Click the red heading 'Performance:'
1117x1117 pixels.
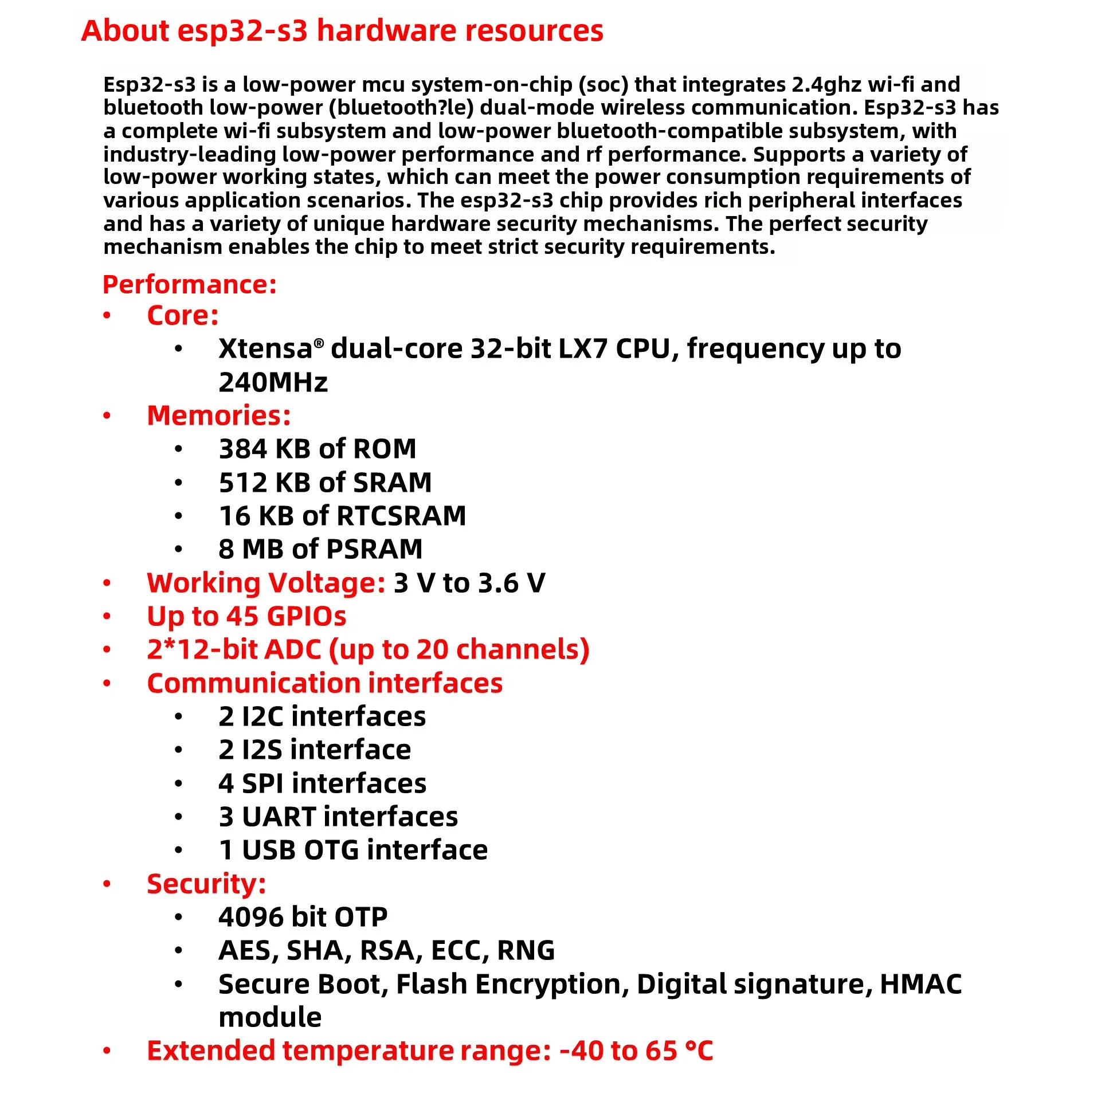click(190, 284)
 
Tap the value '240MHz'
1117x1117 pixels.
click(273, 382)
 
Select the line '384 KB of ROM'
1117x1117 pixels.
click(318, 449)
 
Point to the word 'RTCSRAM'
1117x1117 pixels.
click(401, 516)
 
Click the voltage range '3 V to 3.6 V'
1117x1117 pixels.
click(469, 583)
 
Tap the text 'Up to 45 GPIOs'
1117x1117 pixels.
click(246, 616)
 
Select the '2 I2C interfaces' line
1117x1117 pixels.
click(322, 716)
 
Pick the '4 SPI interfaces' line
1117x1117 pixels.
click(322, 783)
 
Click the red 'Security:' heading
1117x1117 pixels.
click(206, 883)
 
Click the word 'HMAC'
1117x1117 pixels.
click(920, 984)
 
